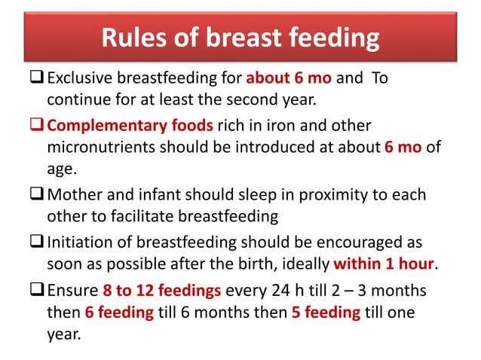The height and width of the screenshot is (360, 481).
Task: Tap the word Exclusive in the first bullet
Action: tap(79, 79)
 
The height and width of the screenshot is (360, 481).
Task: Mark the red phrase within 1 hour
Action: tap(382, 264)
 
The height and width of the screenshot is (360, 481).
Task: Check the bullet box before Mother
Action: tap(38, 194)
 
